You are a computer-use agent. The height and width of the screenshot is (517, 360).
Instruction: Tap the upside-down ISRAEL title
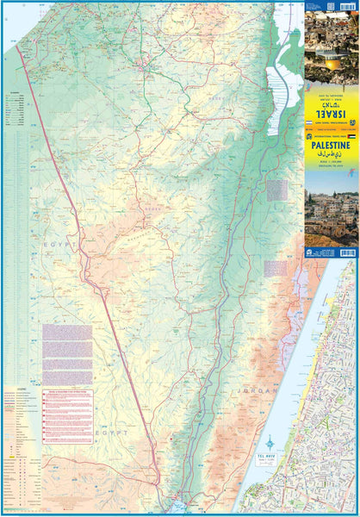[x=331, y=109]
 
